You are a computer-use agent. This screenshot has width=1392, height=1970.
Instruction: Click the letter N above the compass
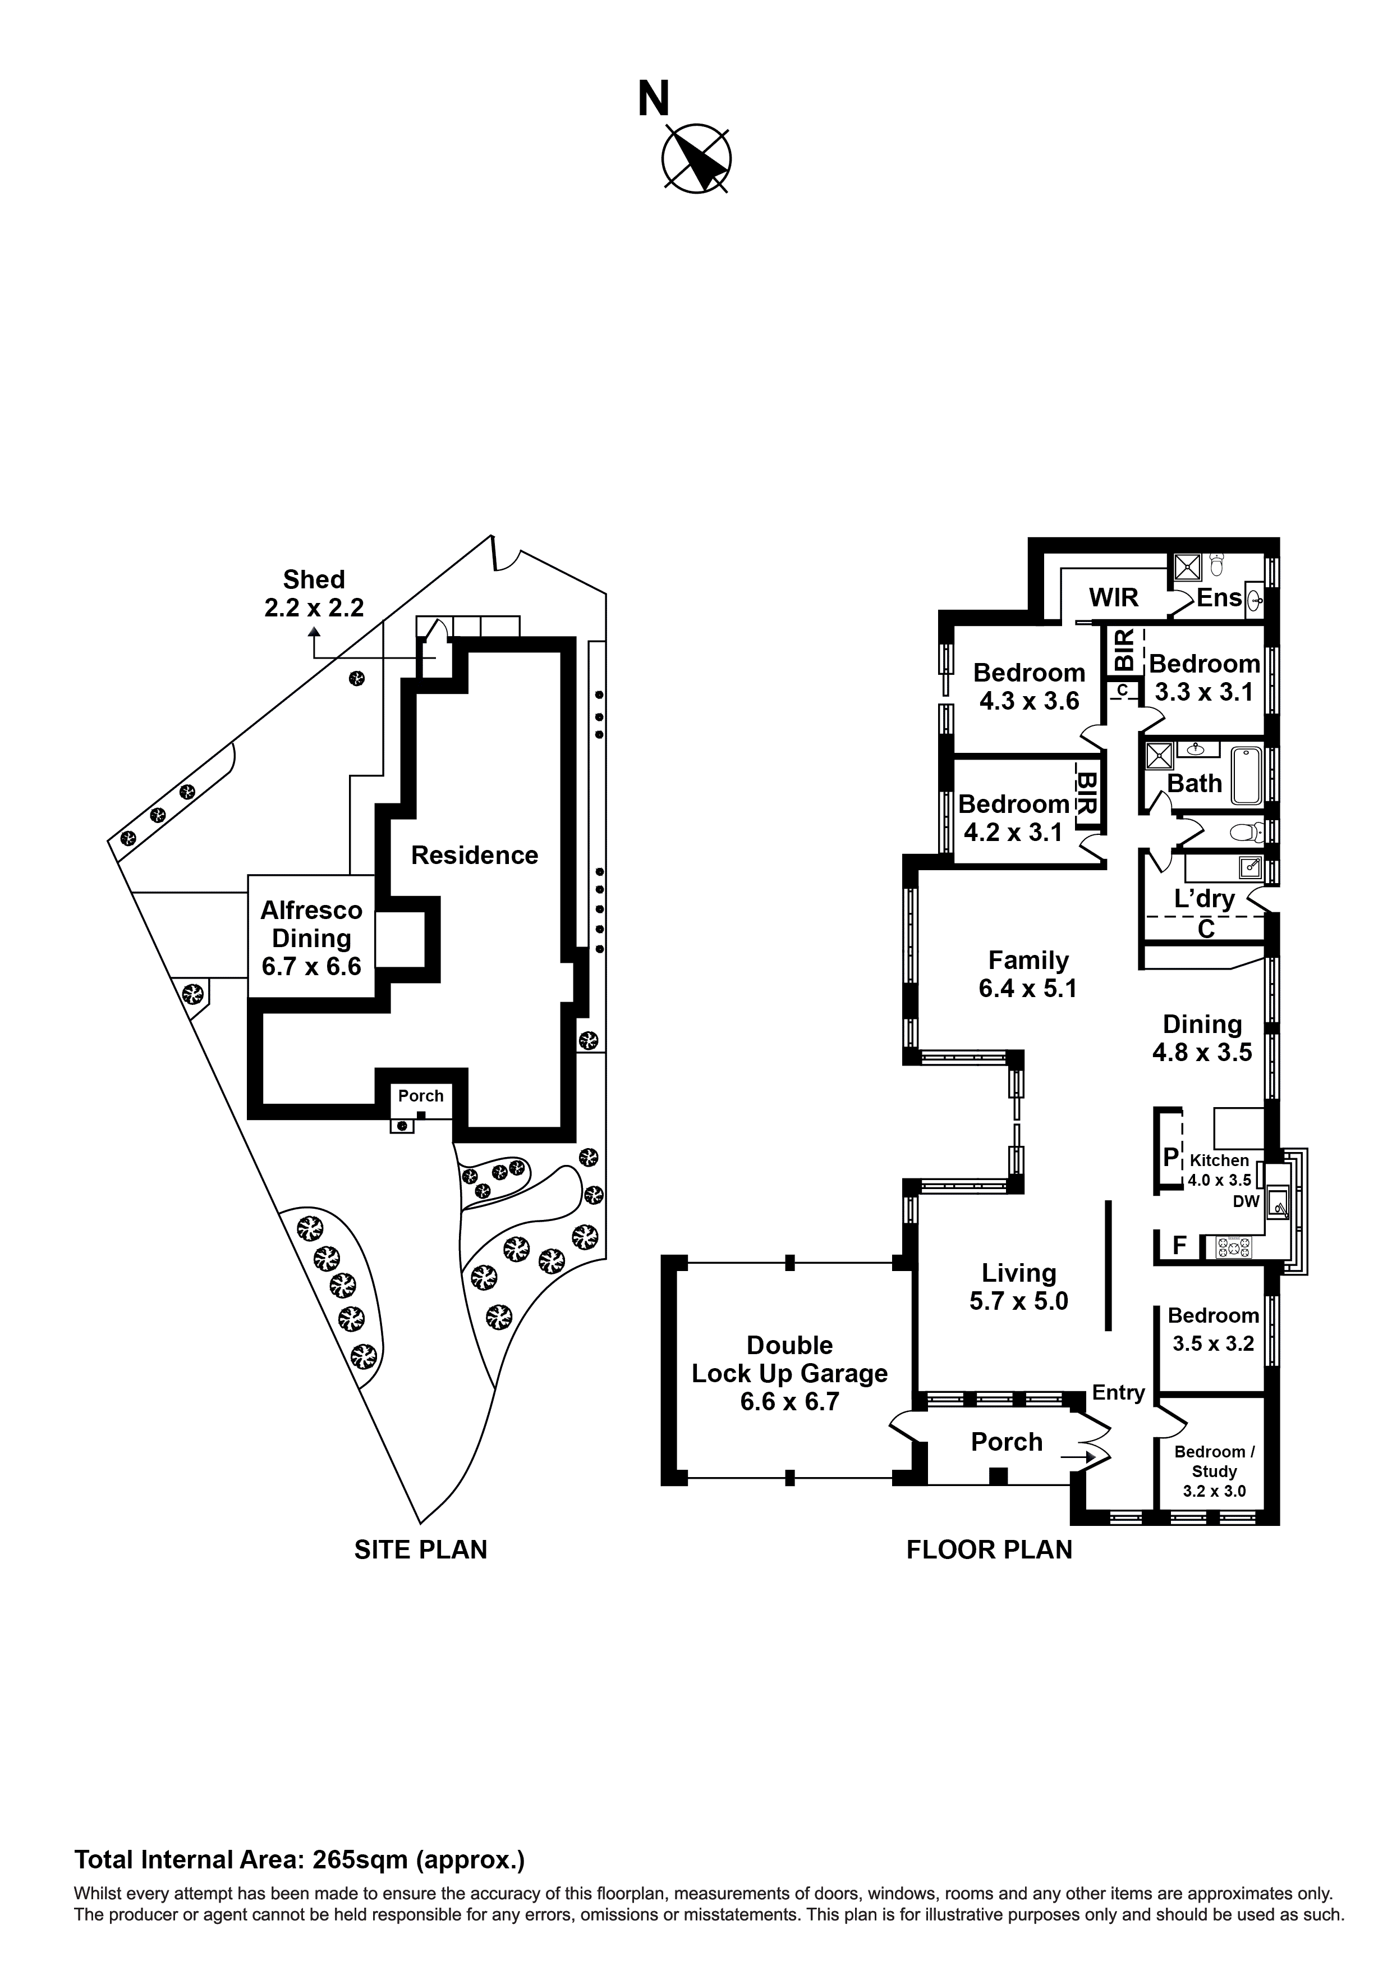[x=654, y=99]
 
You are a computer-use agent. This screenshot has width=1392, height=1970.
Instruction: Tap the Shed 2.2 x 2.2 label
[x=314, y=594]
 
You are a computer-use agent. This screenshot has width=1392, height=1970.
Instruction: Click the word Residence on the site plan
[x=474, y=856]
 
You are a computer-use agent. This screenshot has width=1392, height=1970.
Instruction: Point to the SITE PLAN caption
[x=420, y=1550]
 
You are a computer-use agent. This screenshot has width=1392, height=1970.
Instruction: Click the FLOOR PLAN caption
[x=989, y=1550]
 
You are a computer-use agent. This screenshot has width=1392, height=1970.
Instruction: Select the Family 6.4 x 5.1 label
[x=1027, y=974]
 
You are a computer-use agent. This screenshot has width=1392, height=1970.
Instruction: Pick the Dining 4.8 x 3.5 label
[x=1202, y=1037]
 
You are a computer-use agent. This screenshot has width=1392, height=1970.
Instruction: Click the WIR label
[x=1113, y=597]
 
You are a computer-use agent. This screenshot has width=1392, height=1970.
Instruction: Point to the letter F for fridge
[x=1179, y=1246]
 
